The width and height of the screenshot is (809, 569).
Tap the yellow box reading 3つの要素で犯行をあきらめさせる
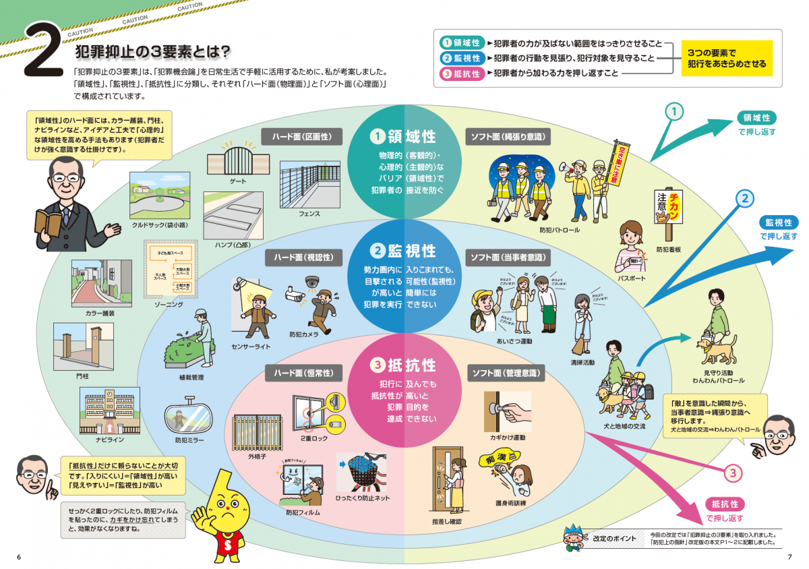pos(726,58)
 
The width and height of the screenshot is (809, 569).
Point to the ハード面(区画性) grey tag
pos(301,136)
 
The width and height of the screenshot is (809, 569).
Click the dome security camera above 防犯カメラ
pos(311,282)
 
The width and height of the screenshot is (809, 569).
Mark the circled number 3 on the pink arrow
pos(733,473)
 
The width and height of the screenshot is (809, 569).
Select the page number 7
pos(789,557)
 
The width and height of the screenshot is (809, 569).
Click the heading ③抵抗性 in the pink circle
pos(404,365)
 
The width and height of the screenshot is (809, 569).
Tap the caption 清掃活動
pos(583,362)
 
